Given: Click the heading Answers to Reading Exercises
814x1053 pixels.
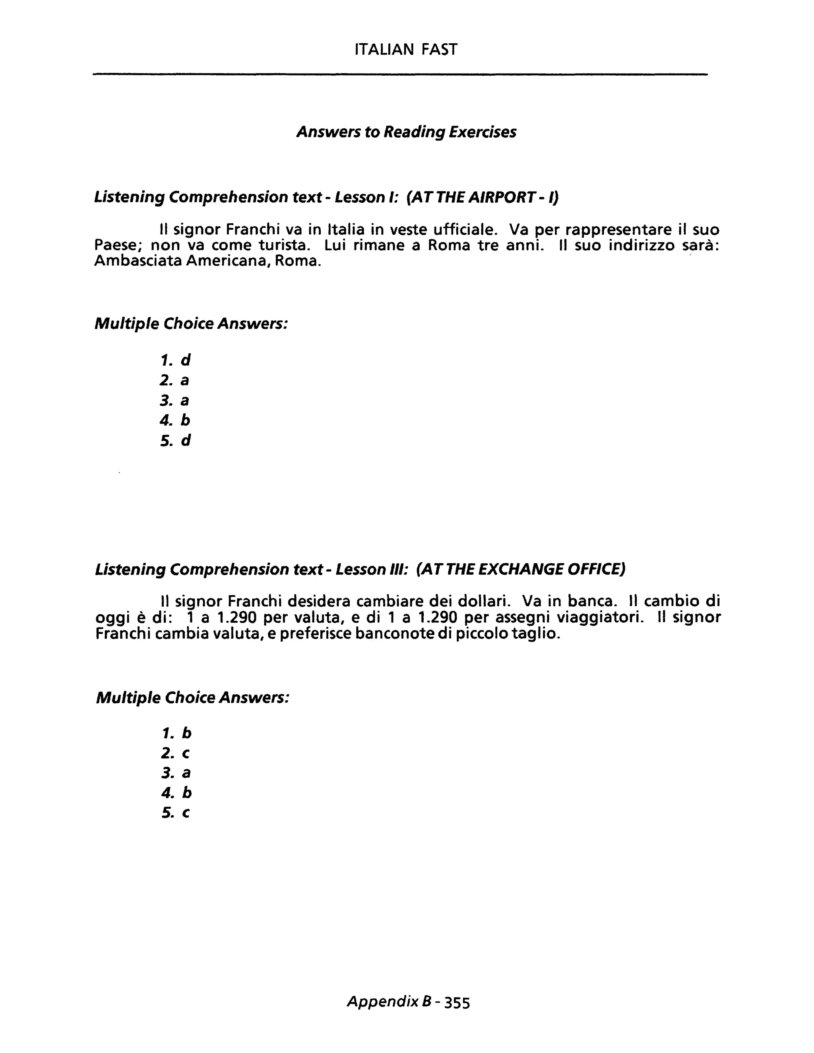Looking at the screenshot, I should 406,132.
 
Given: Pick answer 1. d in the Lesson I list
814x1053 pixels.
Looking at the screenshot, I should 175,360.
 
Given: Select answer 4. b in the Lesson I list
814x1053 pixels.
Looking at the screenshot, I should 175,420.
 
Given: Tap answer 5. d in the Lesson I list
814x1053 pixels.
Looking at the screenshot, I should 175,440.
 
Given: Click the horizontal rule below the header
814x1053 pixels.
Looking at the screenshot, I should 400,74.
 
